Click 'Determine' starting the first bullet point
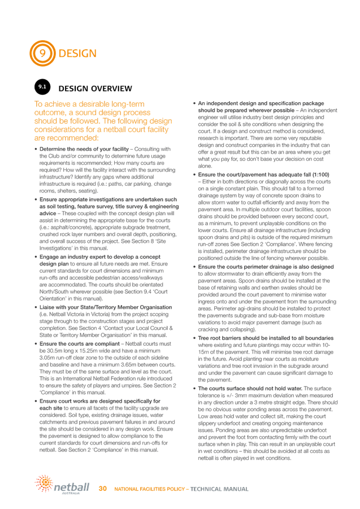(x=51, y=146)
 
